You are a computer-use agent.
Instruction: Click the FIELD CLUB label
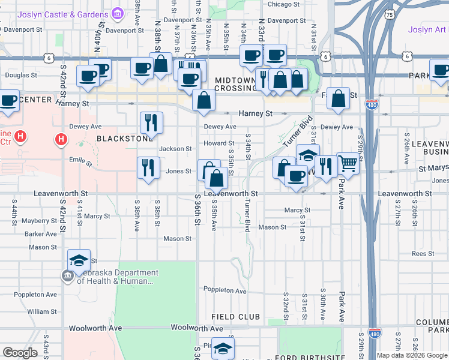click(235, 316)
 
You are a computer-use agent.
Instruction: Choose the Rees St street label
click(423, 254)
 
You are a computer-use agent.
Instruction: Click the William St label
click(42, 311)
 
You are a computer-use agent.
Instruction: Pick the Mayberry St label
click(39, 221)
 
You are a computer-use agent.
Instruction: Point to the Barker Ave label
click(41, 234)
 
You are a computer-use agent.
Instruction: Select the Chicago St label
click(283, 4)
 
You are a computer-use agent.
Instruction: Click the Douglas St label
click(21, 76)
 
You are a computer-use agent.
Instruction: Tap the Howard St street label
click(218, 143)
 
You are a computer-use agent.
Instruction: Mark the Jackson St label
click(175, 149)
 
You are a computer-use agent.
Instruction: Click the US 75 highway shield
click(390, 14)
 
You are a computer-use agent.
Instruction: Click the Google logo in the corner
click(20, 353)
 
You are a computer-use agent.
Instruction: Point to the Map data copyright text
click(412, 355)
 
